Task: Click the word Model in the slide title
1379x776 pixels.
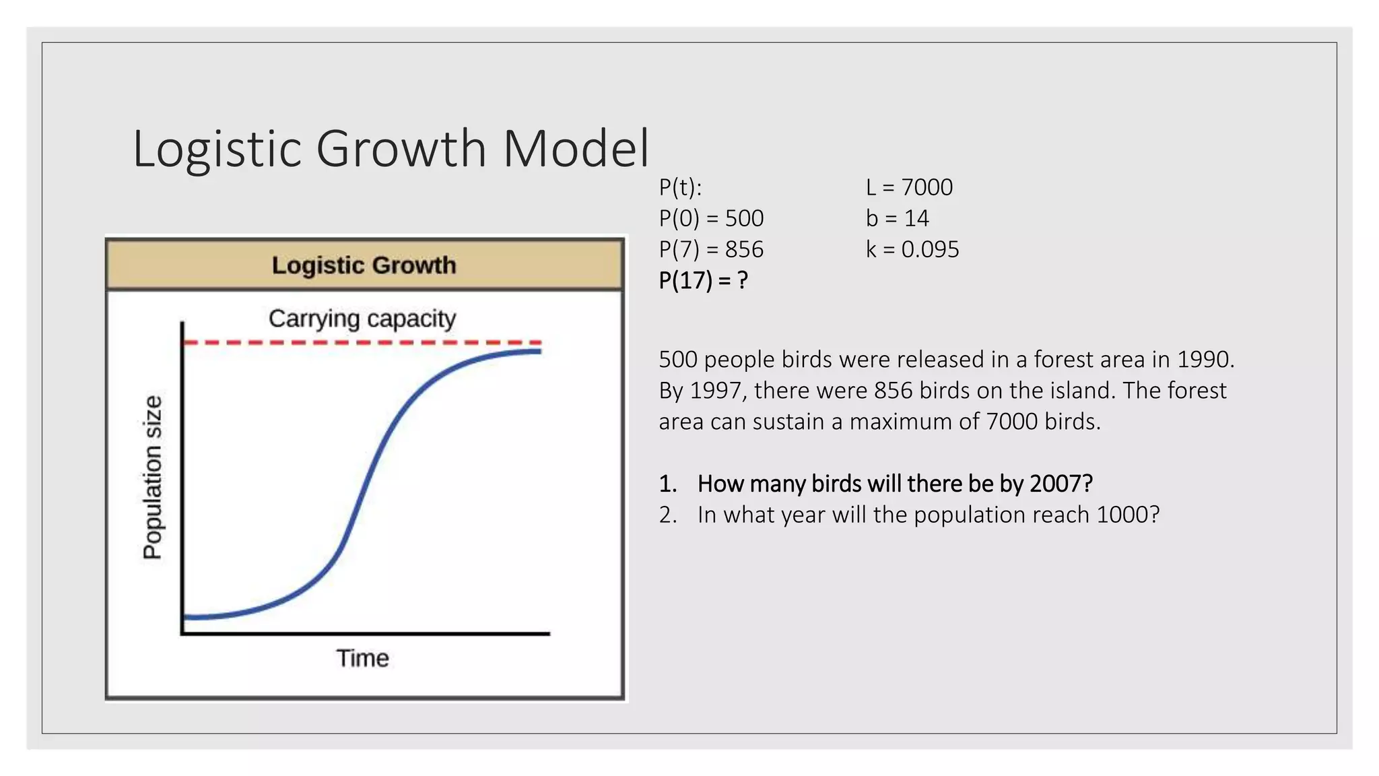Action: (576, 149)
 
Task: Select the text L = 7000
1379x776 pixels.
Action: (909, 187)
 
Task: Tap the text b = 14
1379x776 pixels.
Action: (897, 218)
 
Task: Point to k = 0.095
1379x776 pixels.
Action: (912, 249)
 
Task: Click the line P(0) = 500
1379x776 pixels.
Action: (711, 218)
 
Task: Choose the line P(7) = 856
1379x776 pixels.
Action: (711, 249)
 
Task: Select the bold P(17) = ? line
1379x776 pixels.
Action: (703, 280)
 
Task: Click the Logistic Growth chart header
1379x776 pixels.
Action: (364, 265)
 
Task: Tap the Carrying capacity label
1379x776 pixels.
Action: (362, 318)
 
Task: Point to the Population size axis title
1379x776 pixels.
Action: (153, 477)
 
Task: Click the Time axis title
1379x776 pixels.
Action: (362, 658)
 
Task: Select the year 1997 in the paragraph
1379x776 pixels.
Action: (718, 391)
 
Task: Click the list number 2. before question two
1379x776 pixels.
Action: (668, 515)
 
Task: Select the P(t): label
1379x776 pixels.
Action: (680, 187)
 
